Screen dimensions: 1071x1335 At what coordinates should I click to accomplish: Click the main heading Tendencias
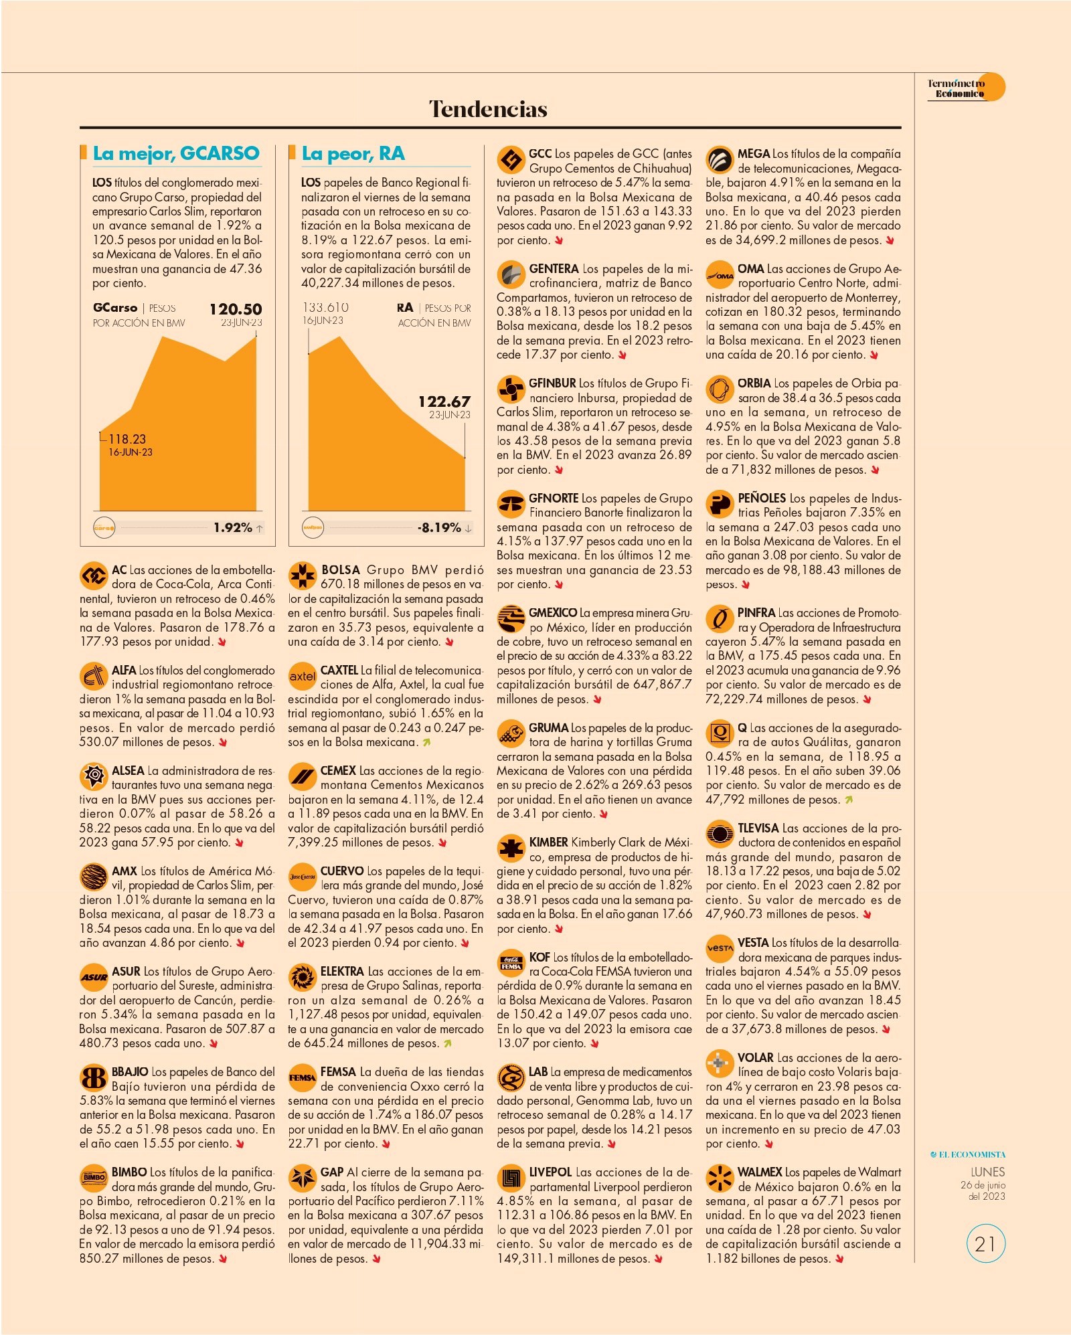(x=488, y=109)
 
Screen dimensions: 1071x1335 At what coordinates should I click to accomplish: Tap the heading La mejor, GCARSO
(x=176, y=153)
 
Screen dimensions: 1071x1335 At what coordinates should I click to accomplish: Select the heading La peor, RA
(x=353, y=153)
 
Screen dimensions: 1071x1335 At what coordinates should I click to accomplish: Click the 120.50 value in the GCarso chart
(x=236, y=309)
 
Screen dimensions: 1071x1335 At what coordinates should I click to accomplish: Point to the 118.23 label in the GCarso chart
(x=127, y=439)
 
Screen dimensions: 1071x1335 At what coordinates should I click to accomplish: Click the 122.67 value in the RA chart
(x=444, y=402)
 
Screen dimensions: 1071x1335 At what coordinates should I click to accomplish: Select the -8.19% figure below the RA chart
(x=440, y=528)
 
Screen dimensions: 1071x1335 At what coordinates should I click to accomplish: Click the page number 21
(x=985, y=1244)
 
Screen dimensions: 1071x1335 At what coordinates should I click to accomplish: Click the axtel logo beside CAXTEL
(x=302, y=677)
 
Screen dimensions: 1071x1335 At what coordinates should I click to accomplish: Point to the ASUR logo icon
(x=94, y=978)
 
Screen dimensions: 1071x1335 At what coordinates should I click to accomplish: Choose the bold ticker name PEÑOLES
(x=762, y=499)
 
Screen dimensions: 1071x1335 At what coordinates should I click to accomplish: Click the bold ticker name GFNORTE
(x=554, y=499)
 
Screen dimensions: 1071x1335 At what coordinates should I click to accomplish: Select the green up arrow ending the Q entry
(x=849, y=800)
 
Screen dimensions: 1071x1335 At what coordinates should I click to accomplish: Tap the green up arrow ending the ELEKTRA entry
(x=447, y=1043)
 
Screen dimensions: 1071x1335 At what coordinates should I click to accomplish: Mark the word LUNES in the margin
(x=988, y=1172)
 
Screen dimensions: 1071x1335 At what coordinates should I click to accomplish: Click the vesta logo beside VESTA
(x=720, y=949)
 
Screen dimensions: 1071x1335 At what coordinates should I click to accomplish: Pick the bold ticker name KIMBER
(x=549, y=842)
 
